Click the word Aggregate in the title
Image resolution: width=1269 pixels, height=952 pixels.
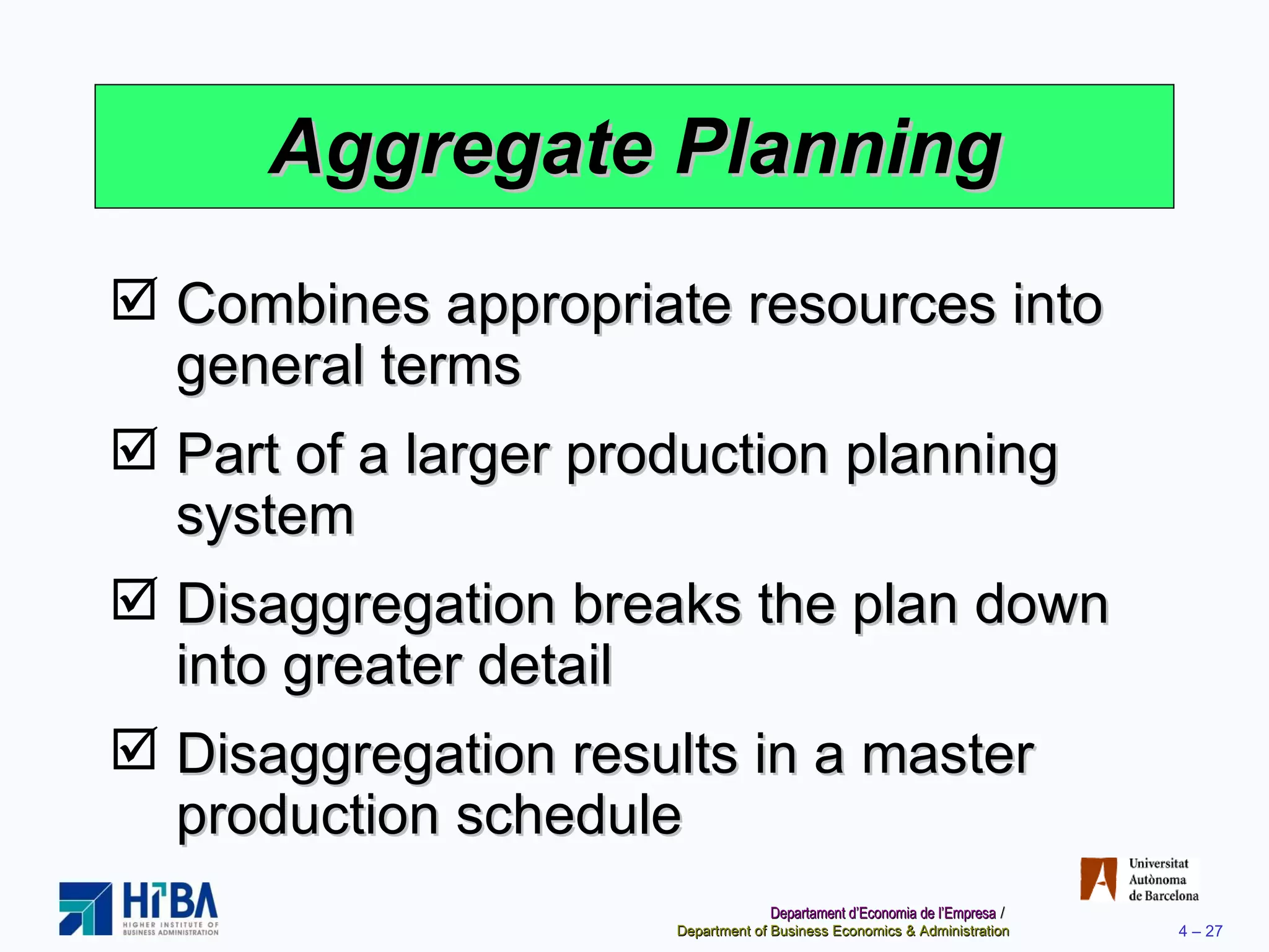click(x=462, y=149)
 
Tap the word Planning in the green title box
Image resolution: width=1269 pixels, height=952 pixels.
click(x=838, y=149)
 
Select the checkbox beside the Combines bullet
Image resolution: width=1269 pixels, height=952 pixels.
click(x=134, y=299)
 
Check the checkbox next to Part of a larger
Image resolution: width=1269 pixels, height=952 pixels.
click(x=134, y=449)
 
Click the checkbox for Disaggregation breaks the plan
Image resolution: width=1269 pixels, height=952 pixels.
click(x=134, y=599)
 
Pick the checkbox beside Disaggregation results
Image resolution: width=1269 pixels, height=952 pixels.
click(x=134, y=749)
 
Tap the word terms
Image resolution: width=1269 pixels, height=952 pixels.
click(x=450, y=366)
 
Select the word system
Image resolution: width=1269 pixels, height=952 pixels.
click(x=265, y=516)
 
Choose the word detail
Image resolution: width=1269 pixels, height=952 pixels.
click(x=545, y=665)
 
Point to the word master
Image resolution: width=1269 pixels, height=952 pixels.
click(x=947, y=754)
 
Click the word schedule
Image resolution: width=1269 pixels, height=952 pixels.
click(x=569, y=815)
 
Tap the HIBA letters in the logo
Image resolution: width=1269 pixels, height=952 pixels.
click(x=170, y=901)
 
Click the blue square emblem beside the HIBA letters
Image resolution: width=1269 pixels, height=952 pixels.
click(x=86, y=909)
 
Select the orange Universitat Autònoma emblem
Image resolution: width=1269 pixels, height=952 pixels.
click(x=1098, y=879)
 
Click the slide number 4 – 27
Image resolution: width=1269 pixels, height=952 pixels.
click(x=1200, y=931)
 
